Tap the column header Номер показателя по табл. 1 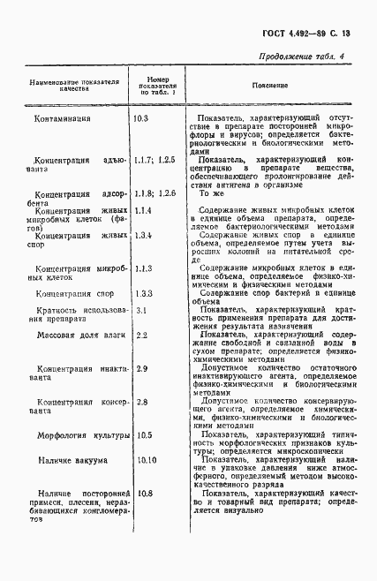155,85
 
